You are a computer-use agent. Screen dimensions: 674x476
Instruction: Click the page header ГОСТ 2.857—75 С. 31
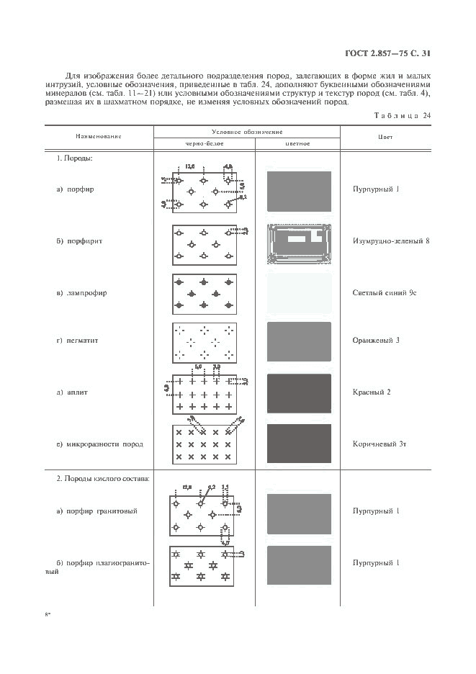(x=390, y=53)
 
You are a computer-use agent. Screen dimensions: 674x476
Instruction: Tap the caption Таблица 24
(x=403, y=115)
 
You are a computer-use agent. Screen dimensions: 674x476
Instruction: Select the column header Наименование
(x=99, y=136)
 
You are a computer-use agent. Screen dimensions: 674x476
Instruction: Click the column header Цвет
(x=385, y=136)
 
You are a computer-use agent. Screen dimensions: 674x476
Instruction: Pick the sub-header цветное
(x=297, y=143)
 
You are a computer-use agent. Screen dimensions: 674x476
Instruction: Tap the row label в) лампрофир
(x=82, y=293)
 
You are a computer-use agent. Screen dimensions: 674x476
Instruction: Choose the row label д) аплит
(x=73, y=393)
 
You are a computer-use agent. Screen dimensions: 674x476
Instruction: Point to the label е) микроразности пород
(x=99, y=444)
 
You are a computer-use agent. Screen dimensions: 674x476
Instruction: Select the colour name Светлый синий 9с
(x=385, y=293)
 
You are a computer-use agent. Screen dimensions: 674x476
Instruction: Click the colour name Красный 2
(x=372, y=392)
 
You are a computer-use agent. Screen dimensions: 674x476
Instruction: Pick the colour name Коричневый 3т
(x=379, y=444)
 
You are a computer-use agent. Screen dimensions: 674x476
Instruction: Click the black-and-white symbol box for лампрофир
(x=204, y=293)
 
